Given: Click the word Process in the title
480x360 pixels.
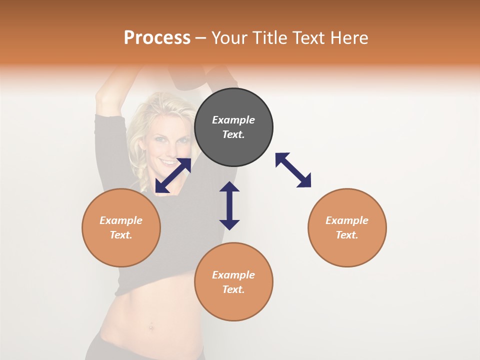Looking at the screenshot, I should click(x=157, y=37).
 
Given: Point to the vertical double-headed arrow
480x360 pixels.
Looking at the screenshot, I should click(x=229, y=205).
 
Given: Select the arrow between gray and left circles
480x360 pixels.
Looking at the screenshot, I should click(x=173, y=175).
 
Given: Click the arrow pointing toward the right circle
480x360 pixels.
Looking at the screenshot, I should click(x=293, y=170).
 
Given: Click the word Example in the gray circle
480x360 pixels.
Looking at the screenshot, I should click(x=233, y=120).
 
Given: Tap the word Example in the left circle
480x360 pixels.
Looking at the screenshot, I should click(x=121, y=220).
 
